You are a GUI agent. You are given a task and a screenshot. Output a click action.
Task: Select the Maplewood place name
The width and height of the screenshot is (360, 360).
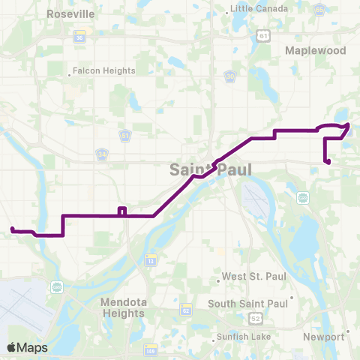coord(316,50)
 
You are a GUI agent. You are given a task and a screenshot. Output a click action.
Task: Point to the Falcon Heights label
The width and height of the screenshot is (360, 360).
coord(105,71)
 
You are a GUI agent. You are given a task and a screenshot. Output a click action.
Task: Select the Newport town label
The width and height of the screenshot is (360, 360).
coord(323,337)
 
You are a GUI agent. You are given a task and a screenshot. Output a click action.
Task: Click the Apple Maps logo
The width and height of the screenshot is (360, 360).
coord(27,347)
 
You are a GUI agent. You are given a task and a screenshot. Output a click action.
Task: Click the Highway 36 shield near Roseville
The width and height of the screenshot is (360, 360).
coord(79,37)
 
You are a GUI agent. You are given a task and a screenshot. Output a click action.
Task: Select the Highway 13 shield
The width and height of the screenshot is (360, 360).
coord(150,259)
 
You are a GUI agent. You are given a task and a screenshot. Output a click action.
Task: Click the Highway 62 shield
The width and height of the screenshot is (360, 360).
coord(186,310)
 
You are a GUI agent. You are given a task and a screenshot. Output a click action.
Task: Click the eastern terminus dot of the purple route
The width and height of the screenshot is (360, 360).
coord(328,161)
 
